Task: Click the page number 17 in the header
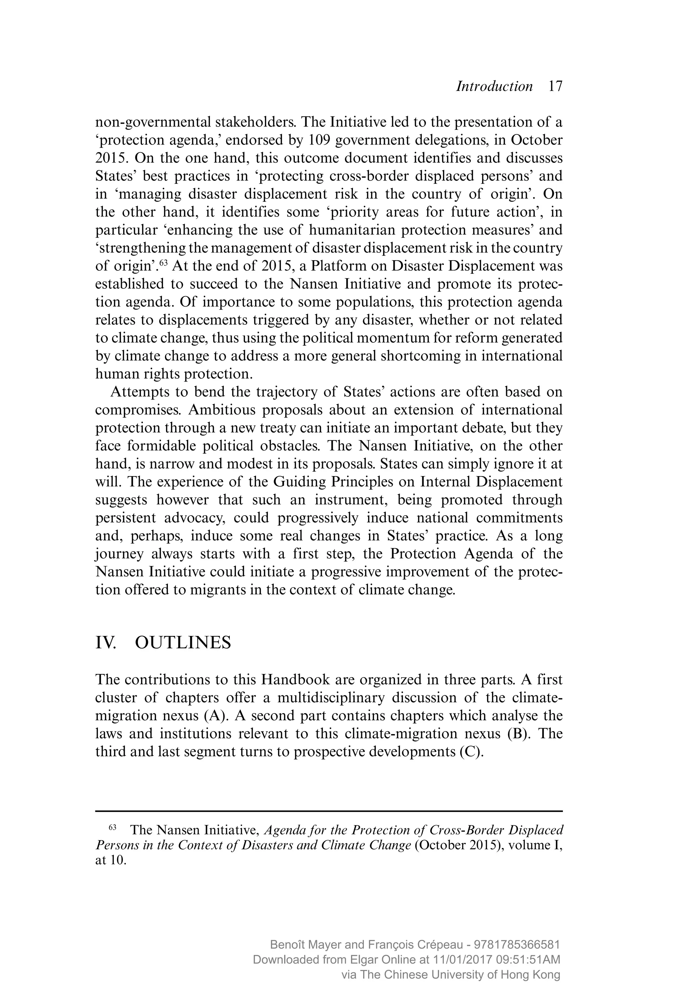[555, 86]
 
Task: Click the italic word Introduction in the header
[494, 86]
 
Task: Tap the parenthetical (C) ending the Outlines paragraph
[471, 752]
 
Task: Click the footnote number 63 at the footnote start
[112, 827]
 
